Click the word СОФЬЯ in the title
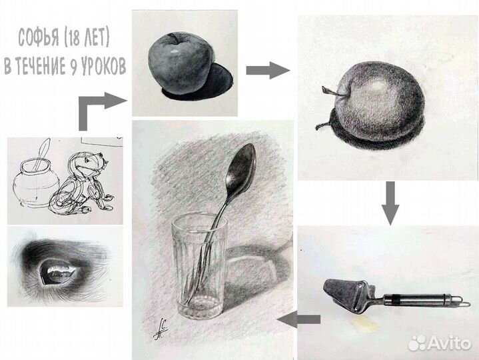tap(39, 38)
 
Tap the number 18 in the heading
tap(73, 38)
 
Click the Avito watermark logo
tap(440, 343)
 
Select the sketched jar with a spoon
tap(36, 178)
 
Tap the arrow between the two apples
tap(268, 70)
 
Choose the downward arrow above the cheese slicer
tap(390, 203)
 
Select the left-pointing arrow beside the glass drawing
tap(298, 319)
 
